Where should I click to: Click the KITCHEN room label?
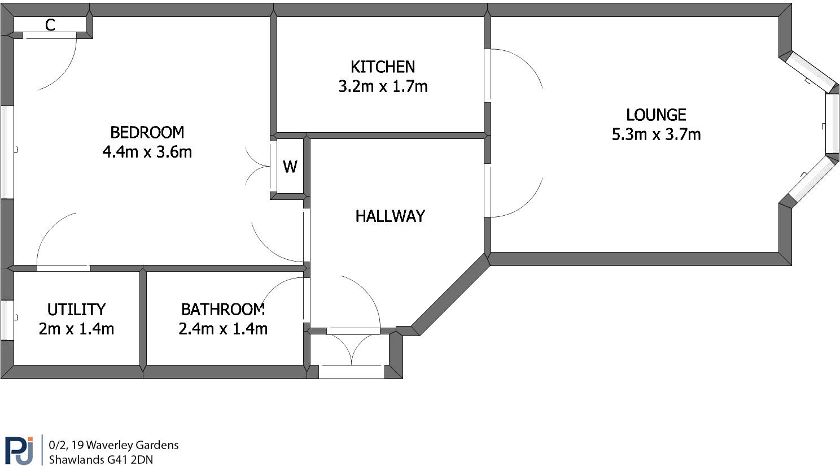point(383,67)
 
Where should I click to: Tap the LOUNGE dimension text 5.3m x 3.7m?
point(656,134)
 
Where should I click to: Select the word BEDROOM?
point(147,132)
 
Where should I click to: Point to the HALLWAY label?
point(390,216)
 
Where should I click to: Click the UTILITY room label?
point(76,310)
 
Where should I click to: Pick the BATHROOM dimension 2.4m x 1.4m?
point(223,329)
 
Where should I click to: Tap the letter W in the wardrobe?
point(290,167)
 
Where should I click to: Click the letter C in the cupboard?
point(50,25)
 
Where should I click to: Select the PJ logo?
point(19,450)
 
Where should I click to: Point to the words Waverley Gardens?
point(132,445)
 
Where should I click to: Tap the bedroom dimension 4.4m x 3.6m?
point(147,152)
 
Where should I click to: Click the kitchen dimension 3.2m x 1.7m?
point(383,86)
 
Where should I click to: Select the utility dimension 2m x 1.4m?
point(76,329)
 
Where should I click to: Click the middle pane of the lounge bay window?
point(832,123)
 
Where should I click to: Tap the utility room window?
point(7,320)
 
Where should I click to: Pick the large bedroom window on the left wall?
point(7,153)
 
